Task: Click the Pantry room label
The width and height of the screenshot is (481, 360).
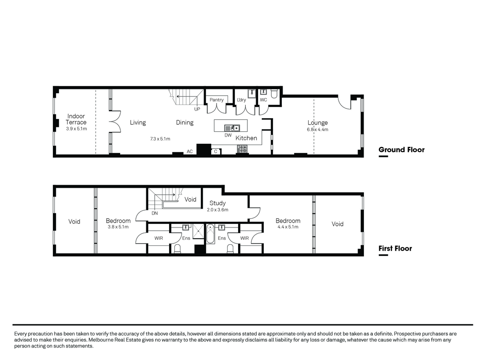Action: pyautogui.click(x=216, y=100)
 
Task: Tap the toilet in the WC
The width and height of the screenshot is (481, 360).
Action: pyautogui.click(x=274, y=93)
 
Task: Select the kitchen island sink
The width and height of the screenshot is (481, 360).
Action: pyautogui.click(x=232, y=128)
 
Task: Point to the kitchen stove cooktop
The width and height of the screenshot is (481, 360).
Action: pyautogui.click(x=242, y=149)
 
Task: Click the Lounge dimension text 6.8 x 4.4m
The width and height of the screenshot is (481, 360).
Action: pyautogui.click(x=317, y=129)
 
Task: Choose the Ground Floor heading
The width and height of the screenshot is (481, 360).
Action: pyautogui.click(x=402, y=150)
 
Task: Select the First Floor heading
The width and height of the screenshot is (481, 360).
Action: pyautogui.click(x=395, y=248)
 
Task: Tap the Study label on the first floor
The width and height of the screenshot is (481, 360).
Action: pyautogui.click(x=217, y=203)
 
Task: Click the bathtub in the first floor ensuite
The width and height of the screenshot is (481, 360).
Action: pyautogui.click(x=210, y=234)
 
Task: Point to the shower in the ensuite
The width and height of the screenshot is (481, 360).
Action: pyautogui.click(x=198, y=231)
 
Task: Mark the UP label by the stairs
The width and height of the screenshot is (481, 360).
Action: pyautogui.click(x=197, y=109)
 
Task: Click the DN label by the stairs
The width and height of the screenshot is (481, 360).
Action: pyautogui.click(x=154, y=213)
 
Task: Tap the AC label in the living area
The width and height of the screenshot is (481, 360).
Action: pyautogui.click(x=190, y=151)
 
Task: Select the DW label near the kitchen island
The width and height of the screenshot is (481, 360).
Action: pyautogui.click(x=228, y=135)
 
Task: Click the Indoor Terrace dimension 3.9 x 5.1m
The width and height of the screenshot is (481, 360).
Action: pyautogui.click(x=76, y=129)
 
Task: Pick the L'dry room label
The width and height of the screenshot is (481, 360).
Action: pyautogui.click(x=241, y=100)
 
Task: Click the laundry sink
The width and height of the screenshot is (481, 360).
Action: pyautogui.click(x=252, y=93)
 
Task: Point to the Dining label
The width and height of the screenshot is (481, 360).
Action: pyautogui.click(x=184, y=122)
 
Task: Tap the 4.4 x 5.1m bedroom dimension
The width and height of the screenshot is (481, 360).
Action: pyautogui.click(x=288, y=227)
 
